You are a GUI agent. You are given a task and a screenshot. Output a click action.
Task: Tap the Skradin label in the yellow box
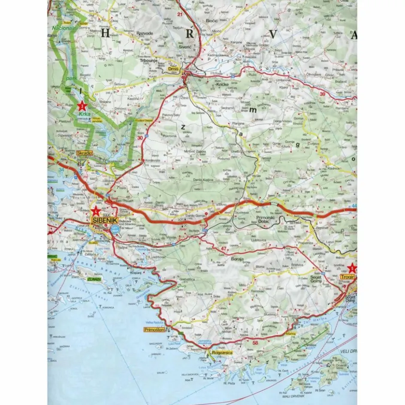[84, 153]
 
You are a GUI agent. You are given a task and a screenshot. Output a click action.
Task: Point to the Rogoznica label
[222, 353]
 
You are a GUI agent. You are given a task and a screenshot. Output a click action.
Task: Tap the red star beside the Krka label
[82, 105]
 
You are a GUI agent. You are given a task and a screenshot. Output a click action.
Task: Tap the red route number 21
[179, 15]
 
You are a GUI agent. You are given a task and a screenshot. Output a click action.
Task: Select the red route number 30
[140, 138]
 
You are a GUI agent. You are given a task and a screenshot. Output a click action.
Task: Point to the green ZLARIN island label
[94, 279]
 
